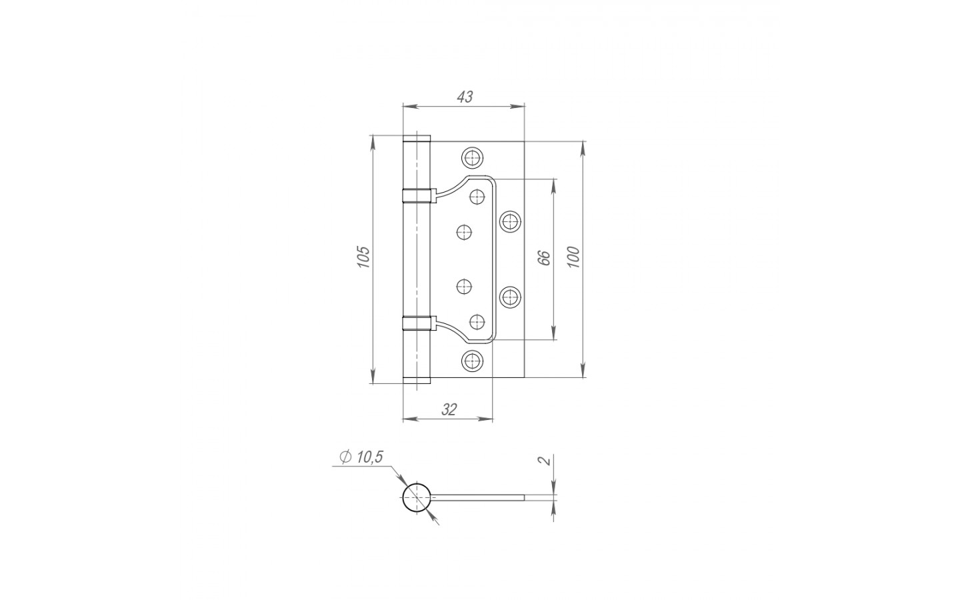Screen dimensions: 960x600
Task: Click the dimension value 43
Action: [x=465, y=97]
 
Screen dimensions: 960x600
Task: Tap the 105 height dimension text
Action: [x=363, y=257]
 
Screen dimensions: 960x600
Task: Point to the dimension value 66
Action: [x=543, y=257]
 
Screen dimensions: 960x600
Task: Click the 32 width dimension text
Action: [x=449, y=410]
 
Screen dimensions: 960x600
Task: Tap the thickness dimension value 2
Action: [x=544, y=461]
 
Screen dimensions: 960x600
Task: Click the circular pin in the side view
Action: [x=417, y=497]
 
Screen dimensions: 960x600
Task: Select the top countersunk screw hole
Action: [x=472, y=158]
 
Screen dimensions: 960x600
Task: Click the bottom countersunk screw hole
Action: [x=472, y=361]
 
